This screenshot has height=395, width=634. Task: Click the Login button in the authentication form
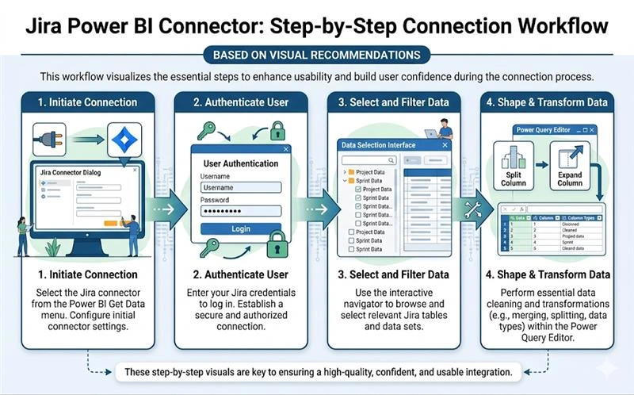(240, 228)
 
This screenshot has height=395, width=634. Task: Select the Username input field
(240, 188)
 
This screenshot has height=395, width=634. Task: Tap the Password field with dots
(240, 212)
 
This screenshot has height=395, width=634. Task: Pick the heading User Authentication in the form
(240, 163)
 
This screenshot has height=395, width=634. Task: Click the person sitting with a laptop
(444, 127)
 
